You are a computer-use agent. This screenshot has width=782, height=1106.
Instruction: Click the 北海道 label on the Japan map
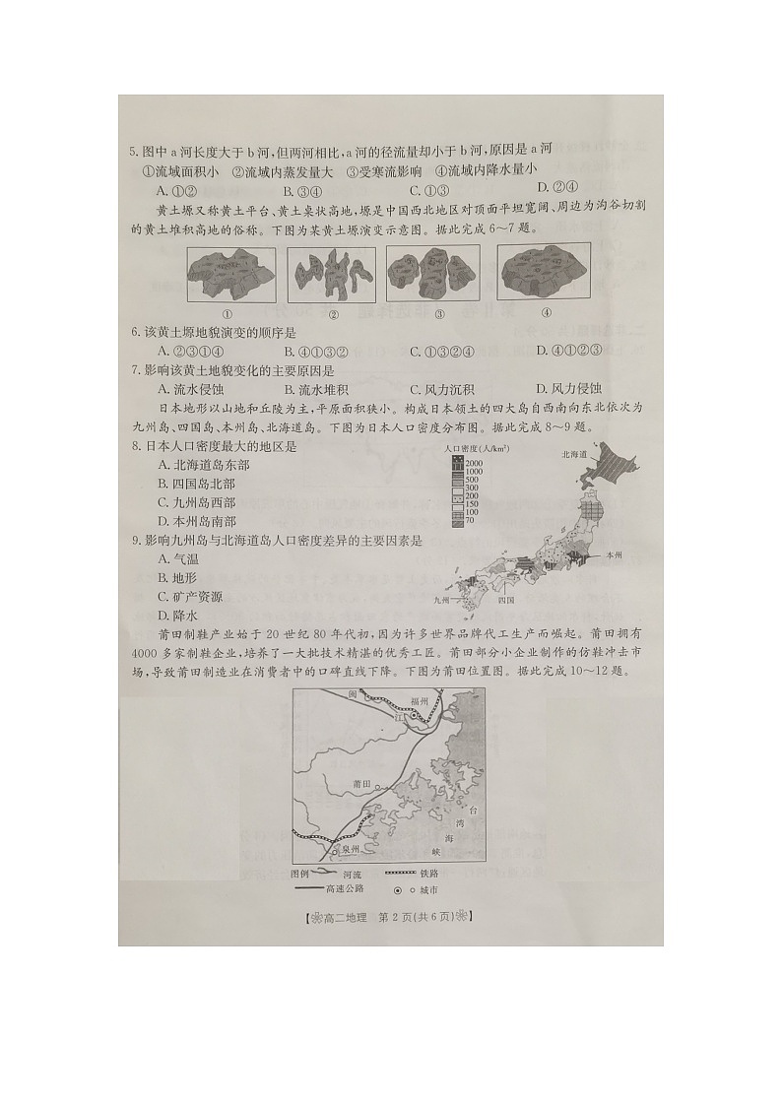tap(574, 454)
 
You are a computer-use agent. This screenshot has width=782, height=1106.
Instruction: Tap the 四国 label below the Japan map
tap(507, 599)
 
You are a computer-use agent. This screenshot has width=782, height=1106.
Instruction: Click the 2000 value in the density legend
tap(474, 462)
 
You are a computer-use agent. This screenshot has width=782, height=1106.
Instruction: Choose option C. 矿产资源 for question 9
tap(189, 597)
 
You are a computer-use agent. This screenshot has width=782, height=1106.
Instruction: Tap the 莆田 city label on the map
tap(360, 783)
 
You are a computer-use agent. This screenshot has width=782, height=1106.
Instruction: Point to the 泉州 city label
tap(351, 848)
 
